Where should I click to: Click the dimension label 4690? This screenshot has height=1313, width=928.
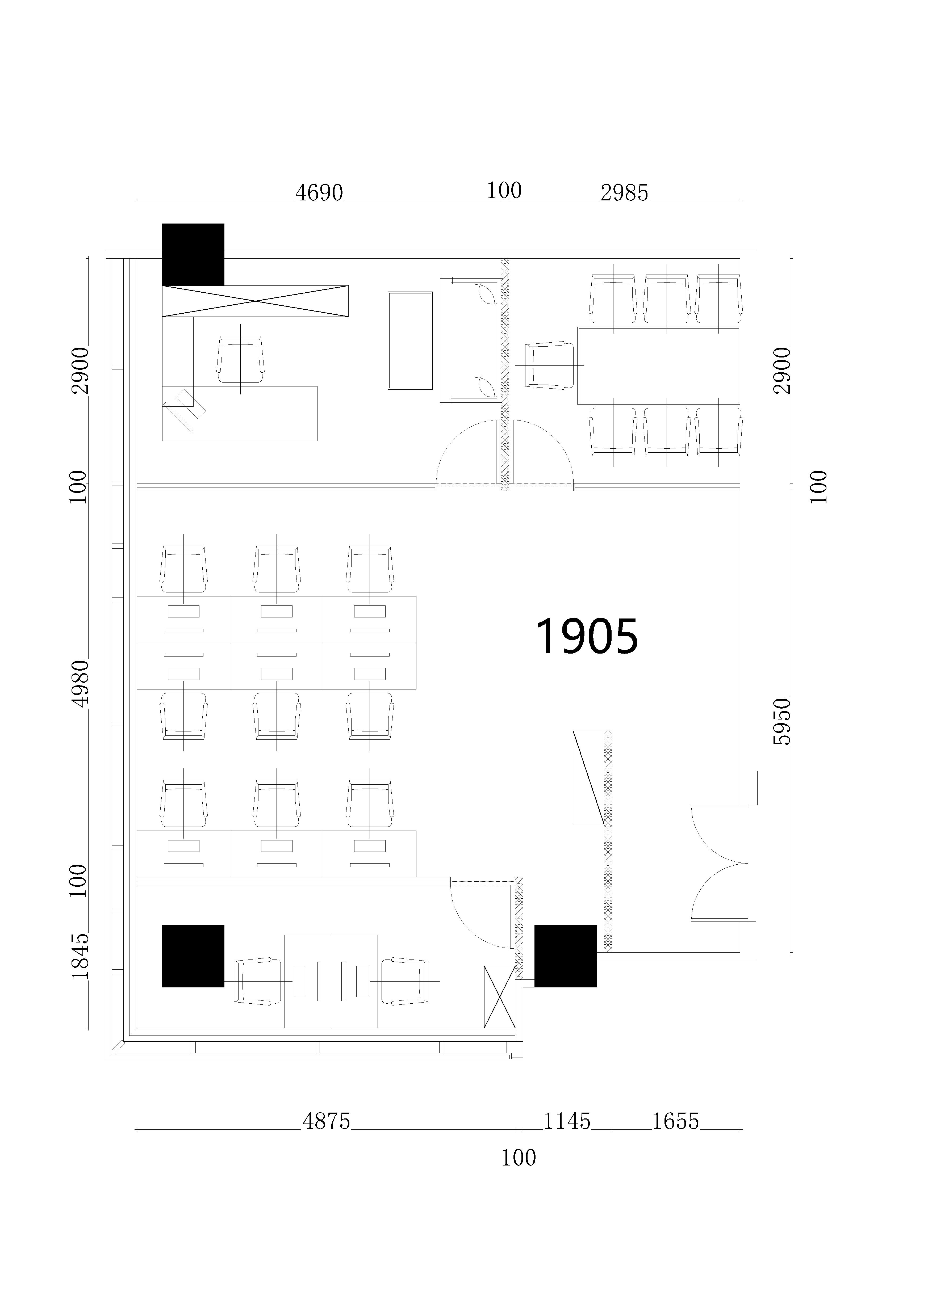[319, 193]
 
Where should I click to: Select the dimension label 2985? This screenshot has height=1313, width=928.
[624, 193]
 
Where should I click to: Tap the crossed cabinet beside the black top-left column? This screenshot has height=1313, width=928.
[255, 301]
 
